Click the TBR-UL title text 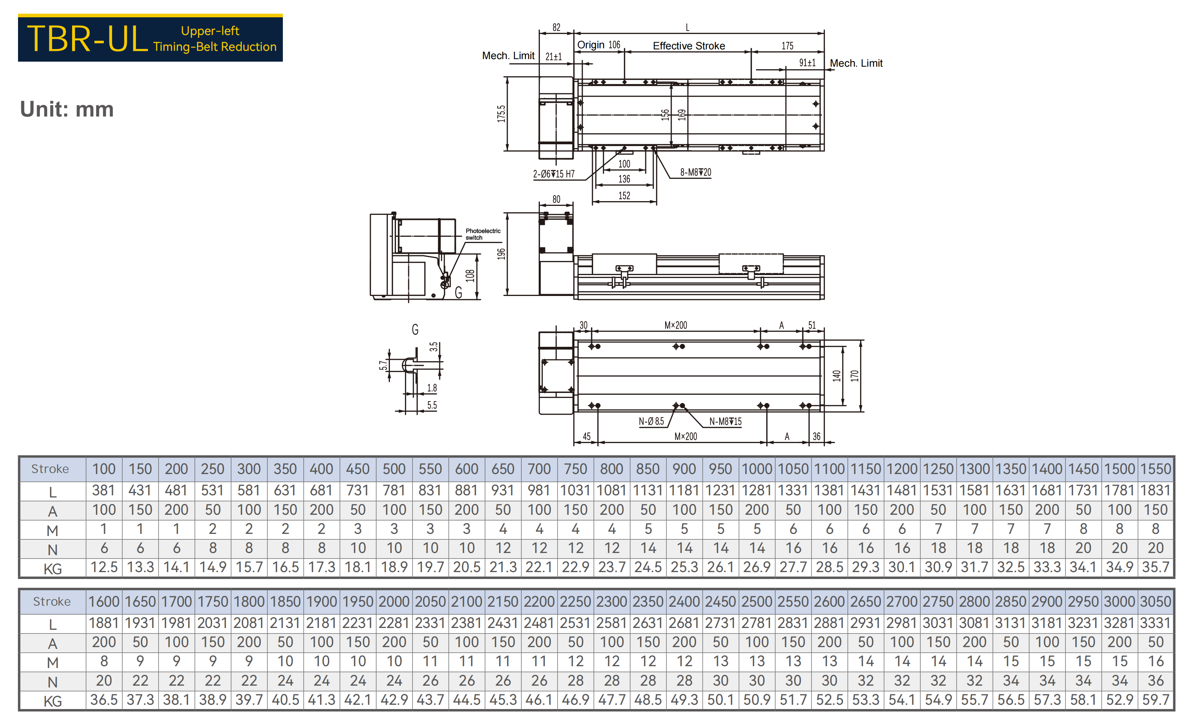(87, 38)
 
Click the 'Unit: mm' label (67, 109)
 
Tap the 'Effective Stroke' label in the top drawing (689, 46)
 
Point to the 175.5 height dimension (501, 114)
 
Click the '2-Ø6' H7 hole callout (554, 174)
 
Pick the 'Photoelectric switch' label (483, 234)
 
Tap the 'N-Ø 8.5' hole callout (651, 421)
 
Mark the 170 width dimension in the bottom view (855, 376)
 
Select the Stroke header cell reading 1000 (757, 469)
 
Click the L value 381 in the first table (103, 491)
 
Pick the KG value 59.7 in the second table (1156, 700)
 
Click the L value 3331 (1156, 623)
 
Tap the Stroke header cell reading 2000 (394, 601)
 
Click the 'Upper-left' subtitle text (210, 31)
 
